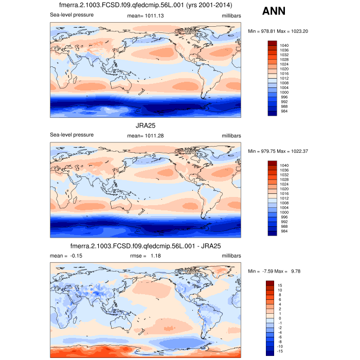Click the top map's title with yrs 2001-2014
tap(146, 5)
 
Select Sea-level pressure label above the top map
tap(71, 15)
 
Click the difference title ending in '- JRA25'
tap(146, 245)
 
